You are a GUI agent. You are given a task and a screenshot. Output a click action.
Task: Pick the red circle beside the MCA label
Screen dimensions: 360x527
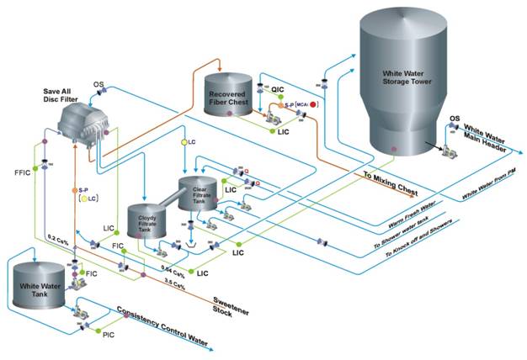tap(313, 104)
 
